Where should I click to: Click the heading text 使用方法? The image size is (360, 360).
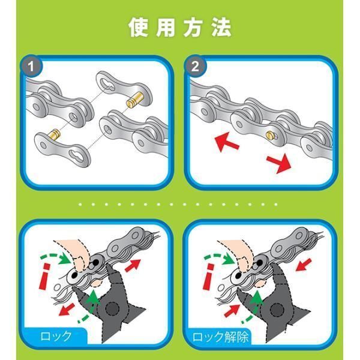click(x=180, y=28)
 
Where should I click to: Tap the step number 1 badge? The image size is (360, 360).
click(x=31, y=67)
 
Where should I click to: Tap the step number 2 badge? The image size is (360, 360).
click(x=195, y=67)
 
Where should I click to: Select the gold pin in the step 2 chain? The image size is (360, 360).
click(x=270, y=135)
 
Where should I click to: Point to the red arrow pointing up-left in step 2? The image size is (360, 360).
click(x=226, y=142)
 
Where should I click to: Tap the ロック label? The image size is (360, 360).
click(x=56, y=337)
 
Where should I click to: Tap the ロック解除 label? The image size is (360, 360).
click(x=220, y=337)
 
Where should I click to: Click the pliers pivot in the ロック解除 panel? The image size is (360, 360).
click(x=277, y=310)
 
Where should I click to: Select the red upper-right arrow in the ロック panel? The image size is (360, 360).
click(x=133, y=265)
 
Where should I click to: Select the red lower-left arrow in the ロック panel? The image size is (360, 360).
click(x=67, y=309)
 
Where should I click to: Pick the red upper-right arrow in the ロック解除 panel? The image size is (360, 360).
click(x=303, y=265)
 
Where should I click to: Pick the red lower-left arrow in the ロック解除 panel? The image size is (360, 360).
click(x=232, y=310)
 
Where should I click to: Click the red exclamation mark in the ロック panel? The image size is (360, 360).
click(x=44, y=277)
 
